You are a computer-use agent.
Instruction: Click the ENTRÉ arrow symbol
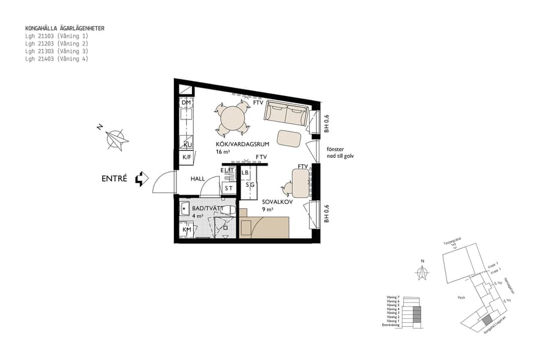pyautogui.click(x=141, y=179)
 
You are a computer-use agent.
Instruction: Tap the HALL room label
pyautogui.click(x=199, y=179)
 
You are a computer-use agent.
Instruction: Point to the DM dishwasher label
pyautogui.click(x=186, y=103)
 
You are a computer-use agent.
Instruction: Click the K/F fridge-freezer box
pyautogui.click(x=186, y=158)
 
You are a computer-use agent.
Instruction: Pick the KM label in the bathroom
pyautogui.click(x=186, y=230)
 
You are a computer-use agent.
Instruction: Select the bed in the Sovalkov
pyautogui.click(x=265, y=227)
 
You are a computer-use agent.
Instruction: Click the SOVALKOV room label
pyautogui.click(x=277, y=202)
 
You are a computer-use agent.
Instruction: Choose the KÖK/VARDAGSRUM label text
pyautogui.click(x=241, y=145)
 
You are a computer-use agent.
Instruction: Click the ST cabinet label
pyautogui.click(x=228, y=188)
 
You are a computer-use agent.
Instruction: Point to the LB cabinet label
pyautogui.click(x=245, y=173)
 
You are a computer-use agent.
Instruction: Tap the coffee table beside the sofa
pyautogui.click(x=290, y=138)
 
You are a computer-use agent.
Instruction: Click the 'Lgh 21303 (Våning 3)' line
pyautogui.click(x=56, y=52)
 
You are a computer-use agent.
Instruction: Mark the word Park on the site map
pyautogui.click(x=461, y=296)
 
